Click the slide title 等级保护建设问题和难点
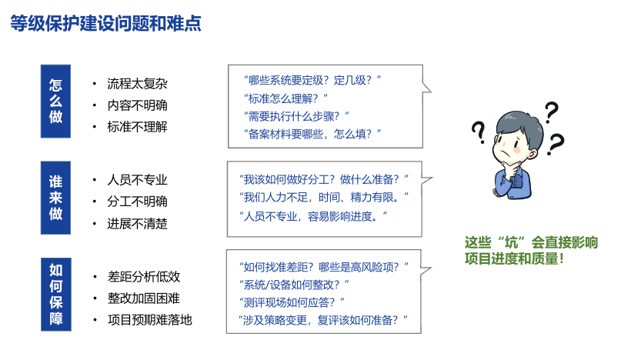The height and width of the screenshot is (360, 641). pyautogui.click(x=106, y=23)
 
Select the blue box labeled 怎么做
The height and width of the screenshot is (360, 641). pyautogui.click(x=55, y=101)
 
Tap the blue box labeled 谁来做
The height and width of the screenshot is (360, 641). pyautogui.click(x=55, y=198)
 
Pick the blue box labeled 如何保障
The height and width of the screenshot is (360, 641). pyautogui.click(x=56, y=294)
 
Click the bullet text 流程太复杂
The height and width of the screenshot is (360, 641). pyautogui.click(x=137, y=84)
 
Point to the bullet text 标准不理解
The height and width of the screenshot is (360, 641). pyautogui.click(x=137, y=127)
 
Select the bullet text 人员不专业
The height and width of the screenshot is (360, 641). pyautogui.click(x=137, y=180)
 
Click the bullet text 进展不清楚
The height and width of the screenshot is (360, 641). pyautogui.click(x=137, y=224)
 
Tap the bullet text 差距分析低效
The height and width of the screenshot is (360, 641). pyautogui.click(x=144, y=277)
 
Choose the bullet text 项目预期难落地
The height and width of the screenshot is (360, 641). pyautogui.click(x=150, y=319)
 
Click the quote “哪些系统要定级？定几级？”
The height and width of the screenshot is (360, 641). pyautogui.click(x=312, y=80)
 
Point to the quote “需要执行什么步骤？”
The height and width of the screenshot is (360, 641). pyautogui.click(x=296, y=116)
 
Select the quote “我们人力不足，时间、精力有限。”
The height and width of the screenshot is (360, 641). pyautogui.click(x=324, y=198)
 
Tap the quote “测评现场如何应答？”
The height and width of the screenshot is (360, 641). pyautogui.click(x=292, y=302)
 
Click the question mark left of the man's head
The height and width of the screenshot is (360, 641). pyautogui.click(x=479, y=132)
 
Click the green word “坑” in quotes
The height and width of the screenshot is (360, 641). pyautogui.click(x=511, y=243)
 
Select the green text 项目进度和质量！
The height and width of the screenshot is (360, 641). pyautogui.click(x=515, y=258)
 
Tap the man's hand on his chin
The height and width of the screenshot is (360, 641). pyautogui.click(x=512, y=168)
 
